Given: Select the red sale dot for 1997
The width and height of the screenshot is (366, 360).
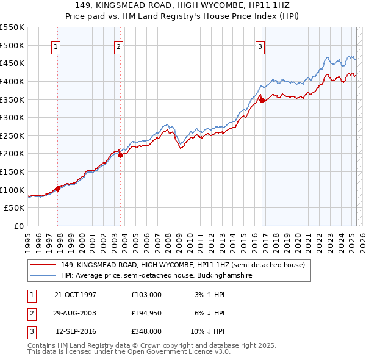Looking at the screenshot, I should tap(58, 189).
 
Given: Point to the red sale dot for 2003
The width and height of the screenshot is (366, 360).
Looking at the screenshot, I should tap(121, 155).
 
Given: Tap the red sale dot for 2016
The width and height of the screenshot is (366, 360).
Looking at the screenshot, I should tap(262, 100).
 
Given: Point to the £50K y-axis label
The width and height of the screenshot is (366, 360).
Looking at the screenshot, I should tap(15, 208).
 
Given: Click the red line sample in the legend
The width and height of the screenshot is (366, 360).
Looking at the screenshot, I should tap(43, 265).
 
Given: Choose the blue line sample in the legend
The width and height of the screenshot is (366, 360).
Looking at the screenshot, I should tap(43, 275).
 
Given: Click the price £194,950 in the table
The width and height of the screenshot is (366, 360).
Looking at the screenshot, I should tap(146, 313).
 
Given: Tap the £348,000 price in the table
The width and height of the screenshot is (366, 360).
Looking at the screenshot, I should tap(146, 331).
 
